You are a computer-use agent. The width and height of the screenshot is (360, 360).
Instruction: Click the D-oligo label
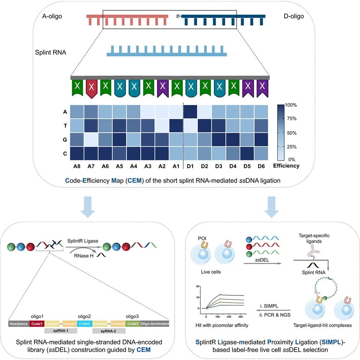[x=294, y=16]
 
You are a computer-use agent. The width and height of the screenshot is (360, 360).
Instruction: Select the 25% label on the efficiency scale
[x=291, y=147]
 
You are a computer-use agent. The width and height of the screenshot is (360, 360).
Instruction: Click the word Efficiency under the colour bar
[x=286, y=166]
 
